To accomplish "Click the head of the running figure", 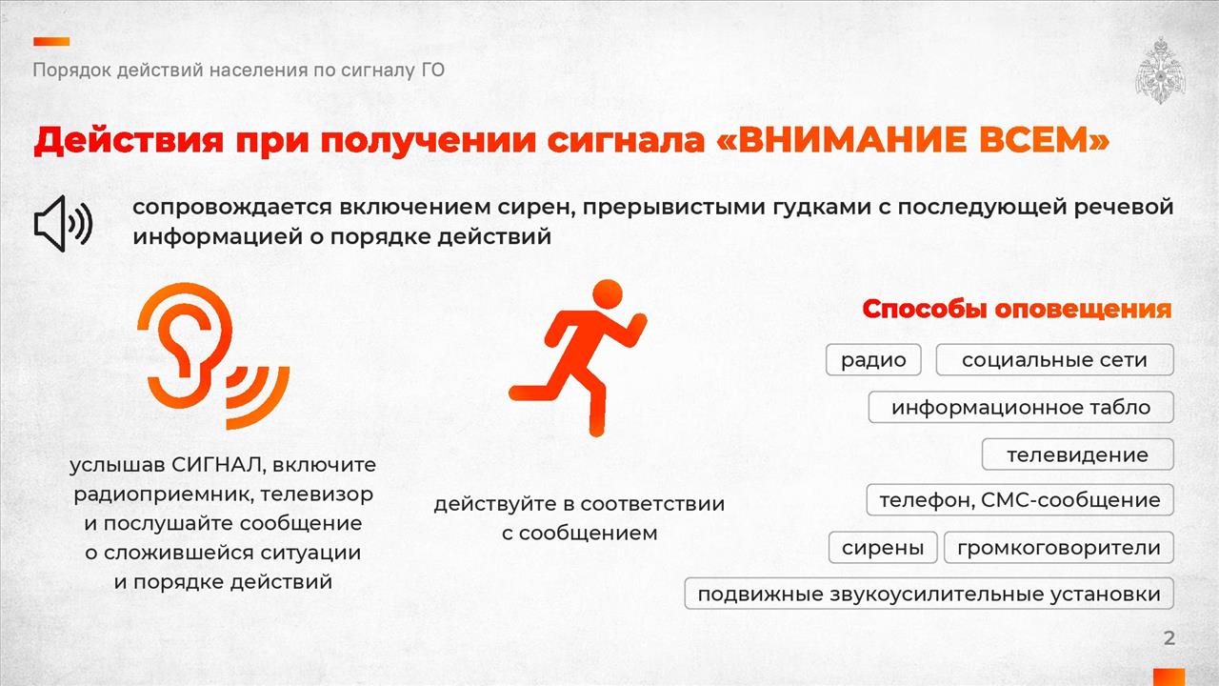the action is (608, 294).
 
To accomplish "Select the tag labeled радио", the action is (873, 360).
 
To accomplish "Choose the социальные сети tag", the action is (1054, 360).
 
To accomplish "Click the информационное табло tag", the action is (1021, 407).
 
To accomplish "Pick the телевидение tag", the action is (1077, 454).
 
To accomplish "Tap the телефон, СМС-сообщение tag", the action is (1020, 500).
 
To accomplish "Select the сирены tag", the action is (883, 547).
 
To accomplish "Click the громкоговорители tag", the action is (1058, 547).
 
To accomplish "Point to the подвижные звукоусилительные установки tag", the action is (929, 594).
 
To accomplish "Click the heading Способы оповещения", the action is (1016, 309).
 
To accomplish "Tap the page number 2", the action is (1169, 638).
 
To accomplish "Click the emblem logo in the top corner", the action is (1160, 71).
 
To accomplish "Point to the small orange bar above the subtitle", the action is (51, 41).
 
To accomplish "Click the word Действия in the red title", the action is (129, 140).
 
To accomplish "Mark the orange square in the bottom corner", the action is (1169, 677).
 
